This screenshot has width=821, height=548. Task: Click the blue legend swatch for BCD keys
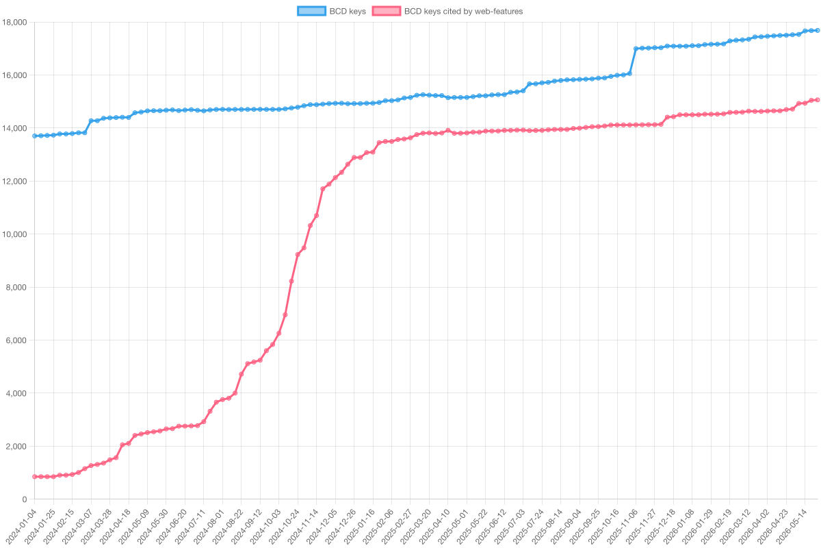coord(311,11)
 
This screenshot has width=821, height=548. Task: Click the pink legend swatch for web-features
coord(386,11)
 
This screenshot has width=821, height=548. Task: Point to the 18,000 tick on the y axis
coord(14,23)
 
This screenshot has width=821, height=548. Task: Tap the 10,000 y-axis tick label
coord(14,234)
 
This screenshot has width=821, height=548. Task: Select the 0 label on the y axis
coord(25,499)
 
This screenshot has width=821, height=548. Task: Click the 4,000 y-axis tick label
coord(16,393)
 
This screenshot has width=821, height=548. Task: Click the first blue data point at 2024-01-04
coord(35,136)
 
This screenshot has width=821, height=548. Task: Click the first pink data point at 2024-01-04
coord(35,477)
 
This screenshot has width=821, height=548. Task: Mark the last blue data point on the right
coord(818,30)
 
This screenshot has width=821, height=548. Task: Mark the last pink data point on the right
coord(818,100)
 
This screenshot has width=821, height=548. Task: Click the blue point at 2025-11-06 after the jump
coord(636,49)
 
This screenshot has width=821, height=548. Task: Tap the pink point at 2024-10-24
coord(298,254)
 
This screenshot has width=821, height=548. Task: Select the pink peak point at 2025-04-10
coord(448,130)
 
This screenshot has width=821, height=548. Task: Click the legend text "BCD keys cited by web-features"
coord(463,12)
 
